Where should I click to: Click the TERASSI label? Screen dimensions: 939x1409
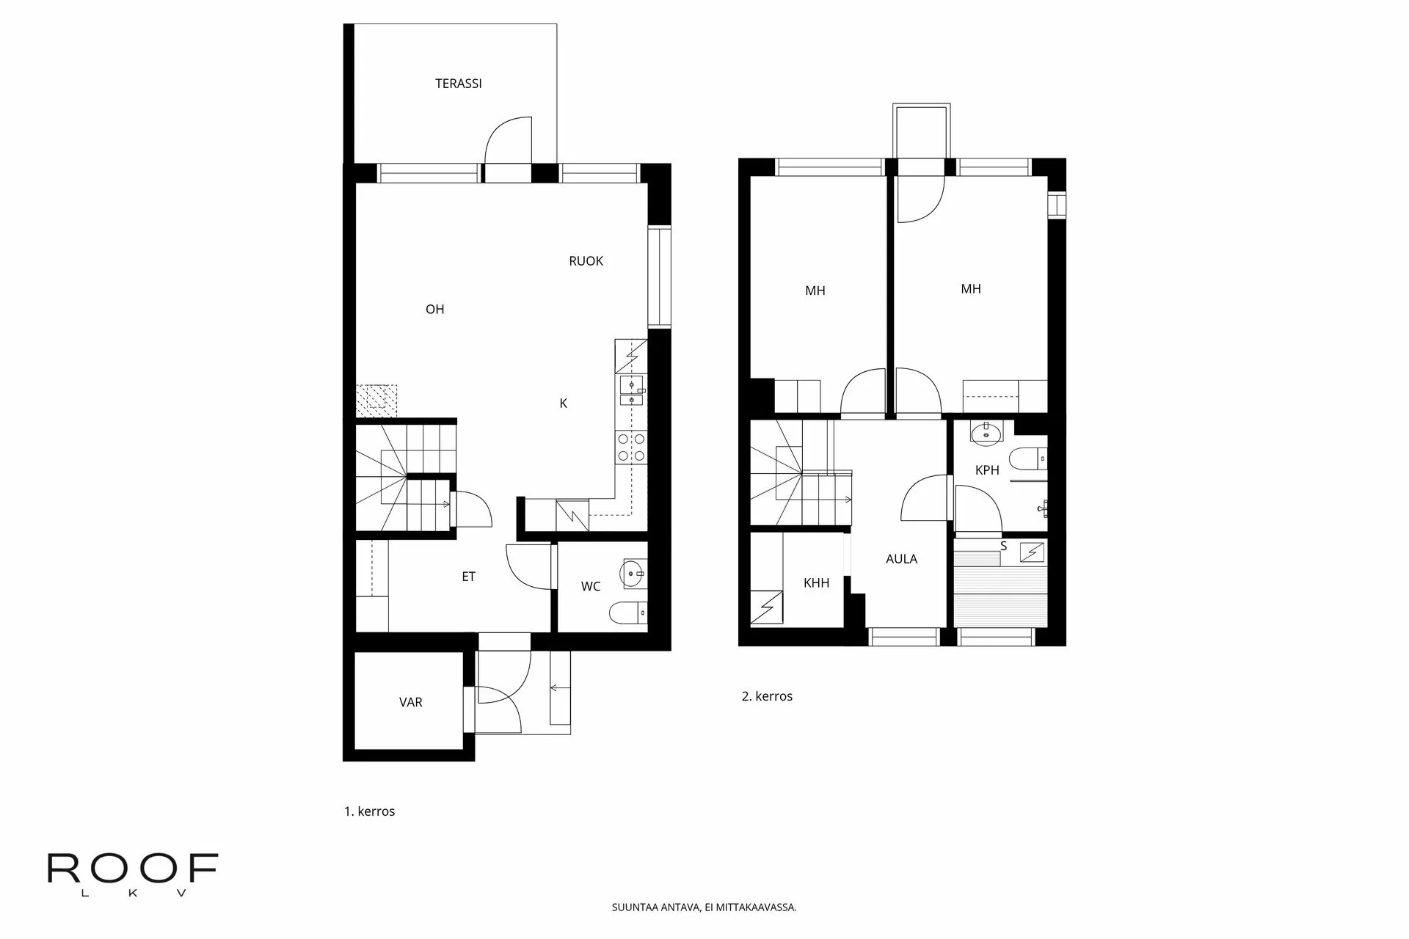pos(458,84)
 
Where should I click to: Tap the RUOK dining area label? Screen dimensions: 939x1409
pos(586,261)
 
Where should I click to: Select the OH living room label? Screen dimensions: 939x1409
pos(434,310)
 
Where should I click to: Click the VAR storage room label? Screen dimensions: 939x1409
pos(410,703)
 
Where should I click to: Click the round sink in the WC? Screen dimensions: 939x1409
pos(632,573)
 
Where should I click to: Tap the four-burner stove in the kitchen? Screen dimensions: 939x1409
pos(632,447)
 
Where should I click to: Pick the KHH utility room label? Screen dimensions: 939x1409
pos(816,583)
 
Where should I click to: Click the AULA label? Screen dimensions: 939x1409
pos(901,559)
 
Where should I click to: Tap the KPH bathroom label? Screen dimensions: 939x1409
pos(987,470)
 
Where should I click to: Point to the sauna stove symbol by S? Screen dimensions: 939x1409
pos(1033,552)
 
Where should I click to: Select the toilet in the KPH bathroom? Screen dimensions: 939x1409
pos(1027,458)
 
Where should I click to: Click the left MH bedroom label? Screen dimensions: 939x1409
pos(815,291)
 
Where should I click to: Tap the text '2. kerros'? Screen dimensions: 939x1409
pos(767,696)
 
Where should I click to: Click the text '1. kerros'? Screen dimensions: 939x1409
pos(369,811)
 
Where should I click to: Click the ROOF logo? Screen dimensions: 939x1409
pos(133,873)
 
